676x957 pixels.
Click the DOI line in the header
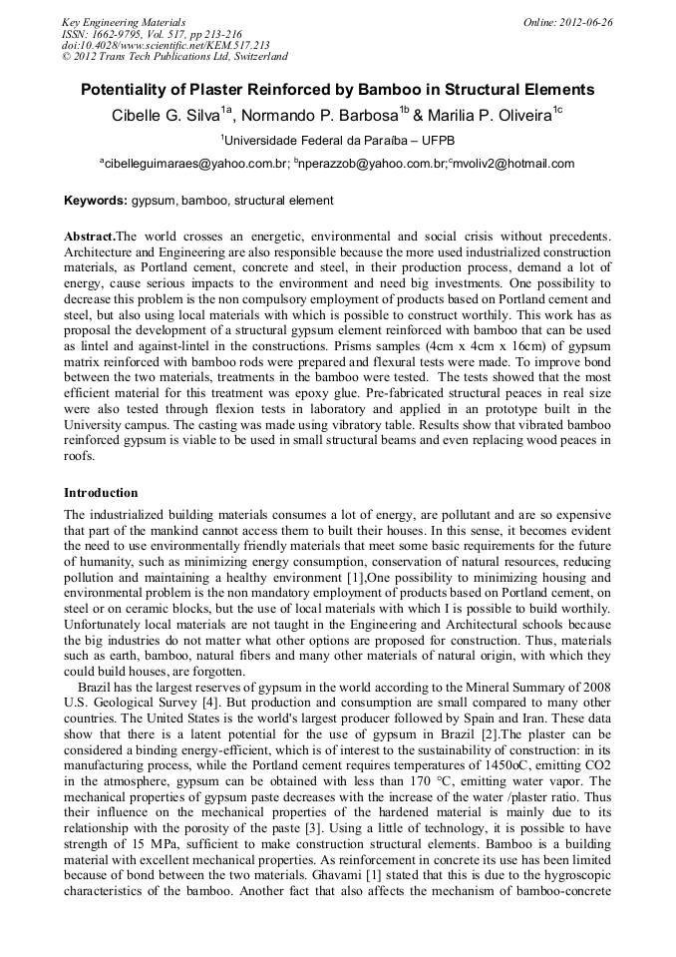pos(166,46)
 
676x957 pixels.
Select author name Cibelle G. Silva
pos(166,116)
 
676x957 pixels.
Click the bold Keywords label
pos(96,201)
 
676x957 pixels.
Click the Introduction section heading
pos(101,493)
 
